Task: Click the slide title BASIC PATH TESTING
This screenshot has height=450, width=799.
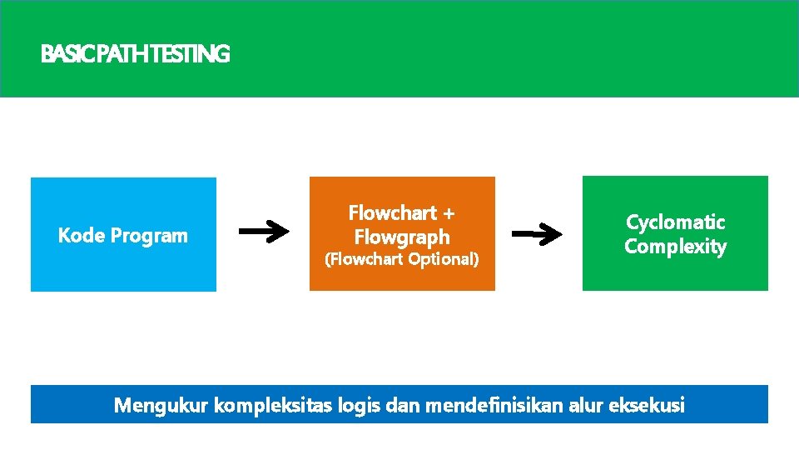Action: click(135, 55)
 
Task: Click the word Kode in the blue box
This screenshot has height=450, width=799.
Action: click(82, 236)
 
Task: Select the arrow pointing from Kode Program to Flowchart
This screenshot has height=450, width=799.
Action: click(264, 233)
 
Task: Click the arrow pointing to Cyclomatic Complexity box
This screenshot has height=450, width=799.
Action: click(536, 235)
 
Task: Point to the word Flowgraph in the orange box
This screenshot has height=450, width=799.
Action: click(402, 237)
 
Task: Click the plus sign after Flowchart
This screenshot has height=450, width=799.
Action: click(449, 212)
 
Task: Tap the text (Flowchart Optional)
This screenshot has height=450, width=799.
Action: click(402, 259)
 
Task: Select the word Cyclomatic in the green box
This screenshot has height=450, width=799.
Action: click(675, 222)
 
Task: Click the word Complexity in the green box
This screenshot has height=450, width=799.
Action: click(675, 247)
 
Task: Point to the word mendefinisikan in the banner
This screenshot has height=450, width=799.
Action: click(494, 406)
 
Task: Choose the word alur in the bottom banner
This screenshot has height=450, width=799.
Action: click(587, 406)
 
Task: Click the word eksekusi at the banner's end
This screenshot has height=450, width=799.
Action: click(648, 406)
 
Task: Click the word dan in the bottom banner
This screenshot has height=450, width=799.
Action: click(402, 406)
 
